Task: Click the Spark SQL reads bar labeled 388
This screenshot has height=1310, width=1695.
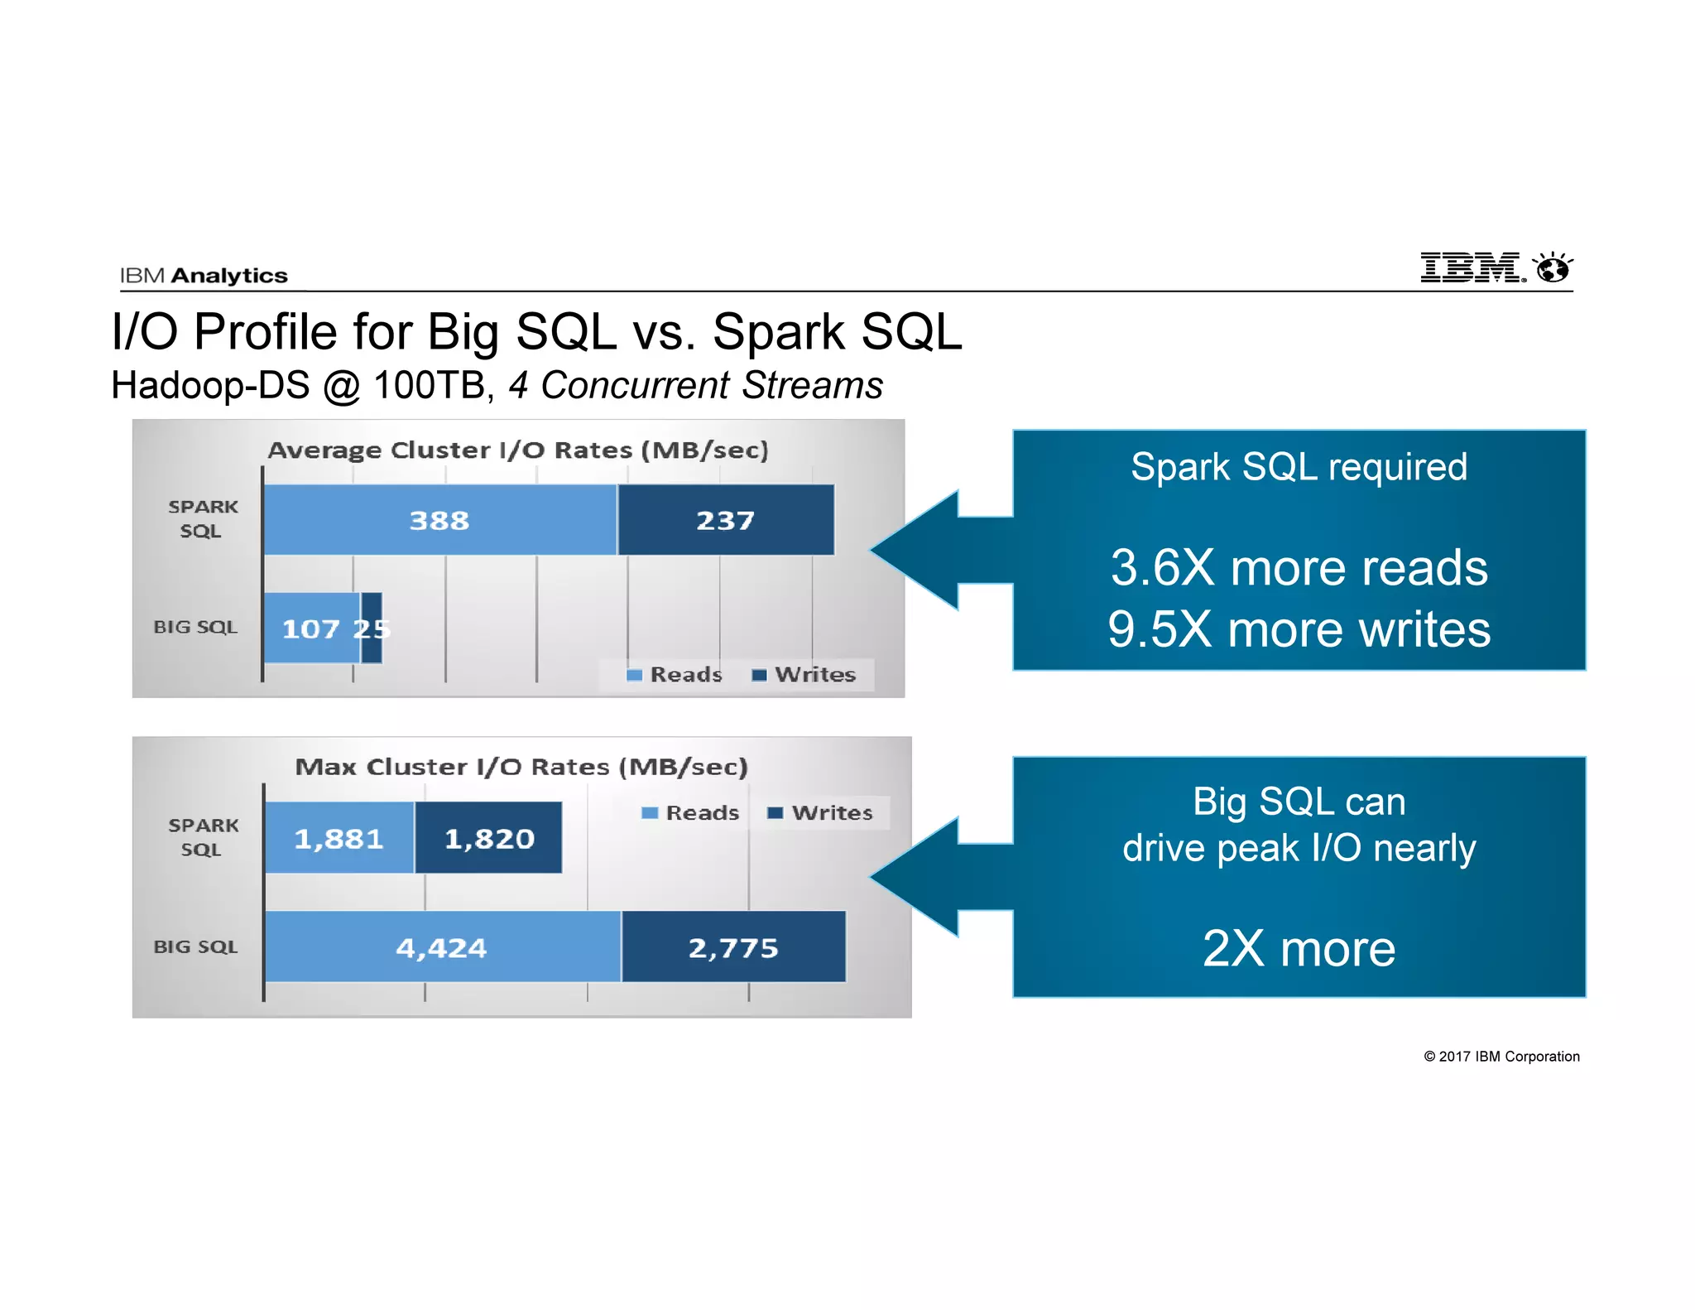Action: [x=439, y=520]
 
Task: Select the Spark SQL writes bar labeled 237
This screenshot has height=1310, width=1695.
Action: [x=725, y=520]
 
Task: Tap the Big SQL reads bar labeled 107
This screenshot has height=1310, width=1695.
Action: [x=310, y=629]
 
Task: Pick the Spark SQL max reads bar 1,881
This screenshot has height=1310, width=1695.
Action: [x=339, y=838]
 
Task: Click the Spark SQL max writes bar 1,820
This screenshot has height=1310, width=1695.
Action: [x=488, y=838]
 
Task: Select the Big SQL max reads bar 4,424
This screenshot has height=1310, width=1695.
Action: [x=442, y=947]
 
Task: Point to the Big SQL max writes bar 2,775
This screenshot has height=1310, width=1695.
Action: [x=733, y=947]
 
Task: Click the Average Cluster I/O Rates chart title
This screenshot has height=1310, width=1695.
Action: [x=518, y=450]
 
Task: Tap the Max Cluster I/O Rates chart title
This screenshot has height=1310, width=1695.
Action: [x=521, y=767]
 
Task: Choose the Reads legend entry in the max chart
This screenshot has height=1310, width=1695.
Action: [x=691, y=813]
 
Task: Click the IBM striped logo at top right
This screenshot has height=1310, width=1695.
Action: [x=1472, y=267]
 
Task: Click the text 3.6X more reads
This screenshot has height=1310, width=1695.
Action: [x=1299, y=568]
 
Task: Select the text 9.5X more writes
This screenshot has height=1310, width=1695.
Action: [x=1299, y=629]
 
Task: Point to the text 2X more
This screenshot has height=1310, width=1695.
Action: [x=1299, y=948]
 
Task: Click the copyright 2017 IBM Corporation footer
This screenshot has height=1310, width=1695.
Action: [x=1501, y=1057]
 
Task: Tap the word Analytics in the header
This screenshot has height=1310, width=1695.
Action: [x=229, y=276]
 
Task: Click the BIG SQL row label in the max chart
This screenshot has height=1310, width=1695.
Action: [x=195, y=946]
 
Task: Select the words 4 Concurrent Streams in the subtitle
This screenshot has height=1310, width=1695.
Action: [x=695, y=386]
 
